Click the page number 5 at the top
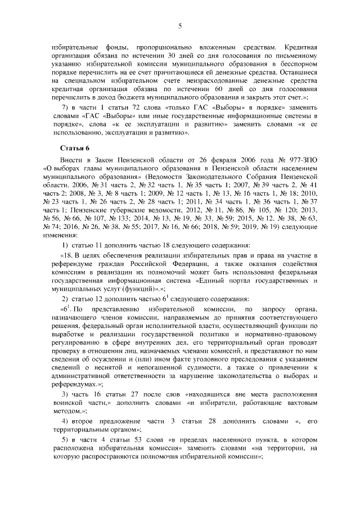[180, 25]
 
